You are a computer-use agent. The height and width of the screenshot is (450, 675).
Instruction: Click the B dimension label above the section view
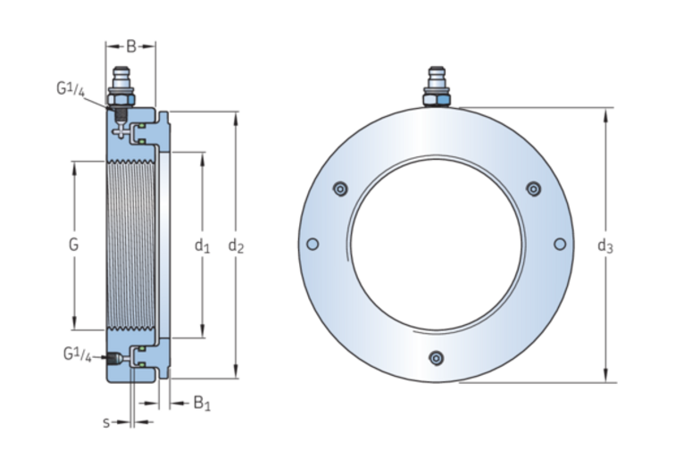[x=130, y=46]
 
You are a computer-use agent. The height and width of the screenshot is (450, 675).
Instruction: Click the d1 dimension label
[x=202, y=245]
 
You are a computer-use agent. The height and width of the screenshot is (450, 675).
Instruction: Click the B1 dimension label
[x=202, y=403]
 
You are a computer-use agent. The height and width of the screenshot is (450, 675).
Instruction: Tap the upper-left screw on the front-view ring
[x=338, y=188]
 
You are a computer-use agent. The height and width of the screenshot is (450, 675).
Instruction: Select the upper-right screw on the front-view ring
[x=533, y=188]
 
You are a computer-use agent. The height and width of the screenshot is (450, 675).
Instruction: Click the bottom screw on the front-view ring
[x=436, y=358]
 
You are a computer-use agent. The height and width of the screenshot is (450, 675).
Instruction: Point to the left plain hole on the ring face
[x=312, y=245]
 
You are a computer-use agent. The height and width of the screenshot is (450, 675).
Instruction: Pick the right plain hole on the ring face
[x=560, y=245]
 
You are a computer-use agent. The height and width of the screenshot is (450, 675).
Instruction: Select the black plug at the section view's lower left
[x=112, y=359]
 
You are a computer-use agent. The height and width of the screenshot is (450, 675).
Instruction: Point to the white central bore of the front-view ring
[x=436, y=244]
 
